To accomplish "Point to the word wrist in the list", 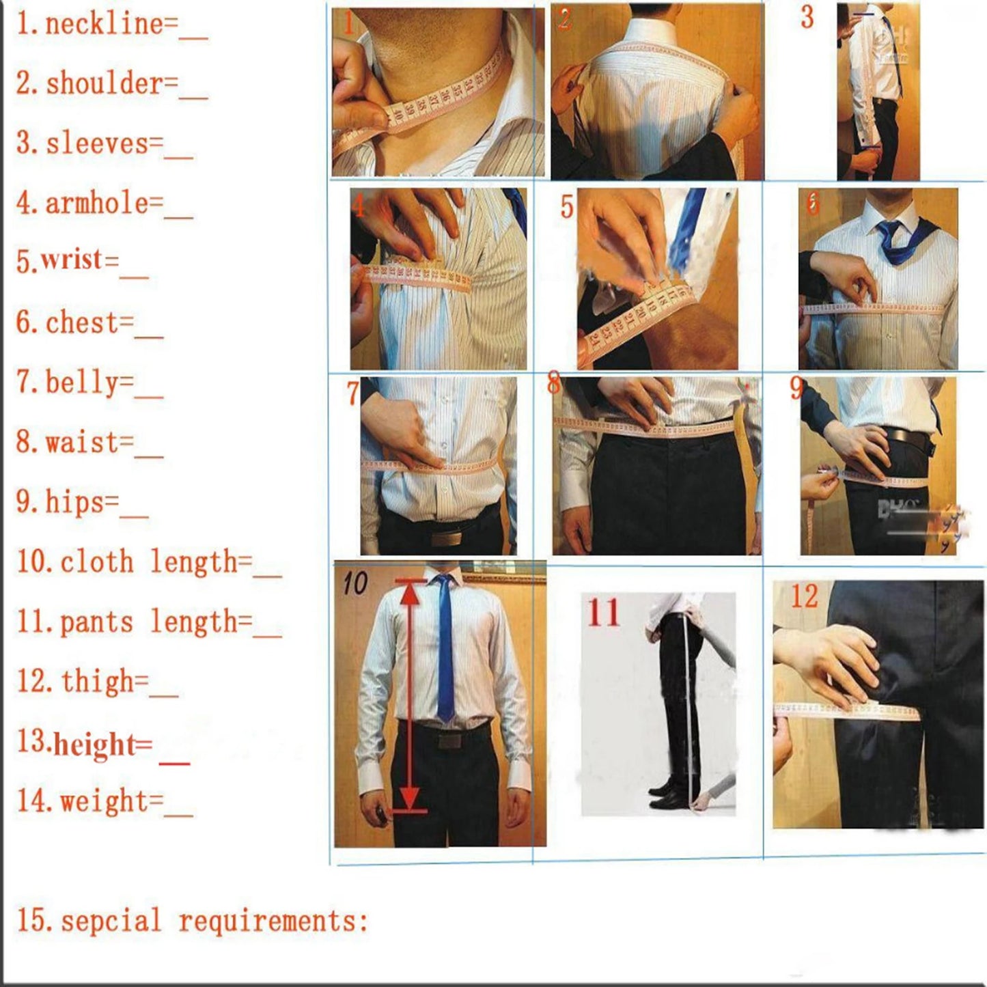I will (x=79, y=260).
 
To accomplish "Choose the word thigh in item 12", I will (x=104, y=681).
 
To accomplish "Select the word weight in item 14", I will (x=111, y=801).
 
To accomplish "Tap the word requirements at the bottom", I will (x=273, y=921).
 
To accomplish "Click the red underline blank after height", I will (x=174, y=761).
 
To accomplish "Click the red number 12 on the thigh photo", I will (x=804, y=596).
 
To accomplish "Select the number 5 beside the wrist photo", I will (x=566, y=207).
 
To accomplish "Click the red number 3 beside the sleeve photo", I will (x=807, y=17).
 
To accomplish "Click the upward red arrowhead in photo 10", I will (x=410, y=594).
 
